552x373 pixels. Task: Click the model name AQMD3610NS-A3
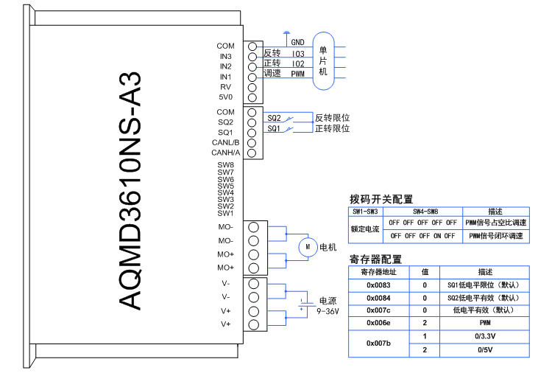[x=130, y=191]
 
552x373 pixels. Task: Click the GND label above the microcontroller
[x=297, y=43]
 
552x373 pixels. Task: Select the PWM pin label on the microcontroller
[x=297, y=74]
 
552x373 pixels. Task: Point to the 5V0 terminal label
[x=225, y=97]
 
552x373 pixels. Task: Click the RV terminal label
[x=225, y=87]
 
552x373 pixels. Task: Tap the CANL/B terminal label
[x=225, y=142]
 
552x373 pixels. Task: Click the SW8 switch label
[x=225, y=165]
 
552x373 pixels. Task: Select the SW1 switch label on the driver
[x=225, y=214]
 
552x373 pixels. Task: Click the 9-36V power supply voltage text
[x=328, y=312]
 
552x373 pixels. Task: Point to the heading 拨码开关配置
[x=381, y=199]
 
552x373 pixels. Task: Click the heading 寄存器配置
[x=375, y=259]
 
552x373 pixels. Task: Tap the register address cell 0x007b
[x=378, y=343]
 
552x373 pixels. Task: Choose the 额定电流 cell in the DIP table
[x=365, y=229]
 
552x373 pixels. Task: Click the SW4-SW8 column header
[x=423, y=212]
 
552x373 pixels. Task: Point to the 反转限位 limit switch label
[x=332, y=118]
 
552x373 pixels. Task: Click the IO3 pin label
[x=297, y=54]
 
